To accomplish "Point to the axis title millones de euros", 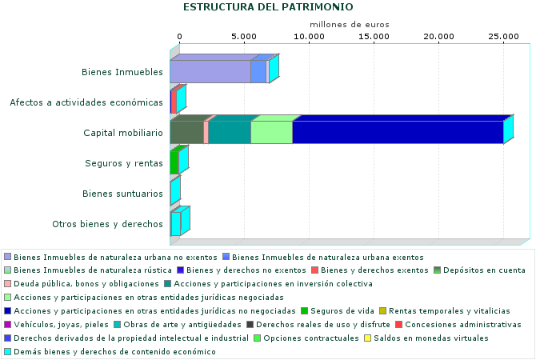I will pos(349,25).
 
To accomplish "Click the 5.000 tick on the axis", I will pos(245,37).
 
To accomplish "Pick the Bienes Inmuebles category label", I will pos(122,72).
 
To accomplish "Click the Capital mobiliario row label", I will pos(123,133).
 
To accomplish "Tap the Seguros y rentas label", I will pos(124,163).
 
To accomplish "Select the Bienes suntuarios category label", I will pos(123,194).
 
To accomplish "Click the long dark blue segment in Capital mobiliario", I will pos(398,132).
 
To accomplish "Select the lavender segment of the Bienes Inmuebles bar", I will pos(210,72).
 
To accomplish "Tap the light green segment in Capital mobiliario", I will pos(272,132).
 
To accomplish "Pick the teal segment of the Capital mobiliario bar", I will pos(230,132).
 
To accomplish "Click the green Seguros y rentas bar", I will pos(174,162).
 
